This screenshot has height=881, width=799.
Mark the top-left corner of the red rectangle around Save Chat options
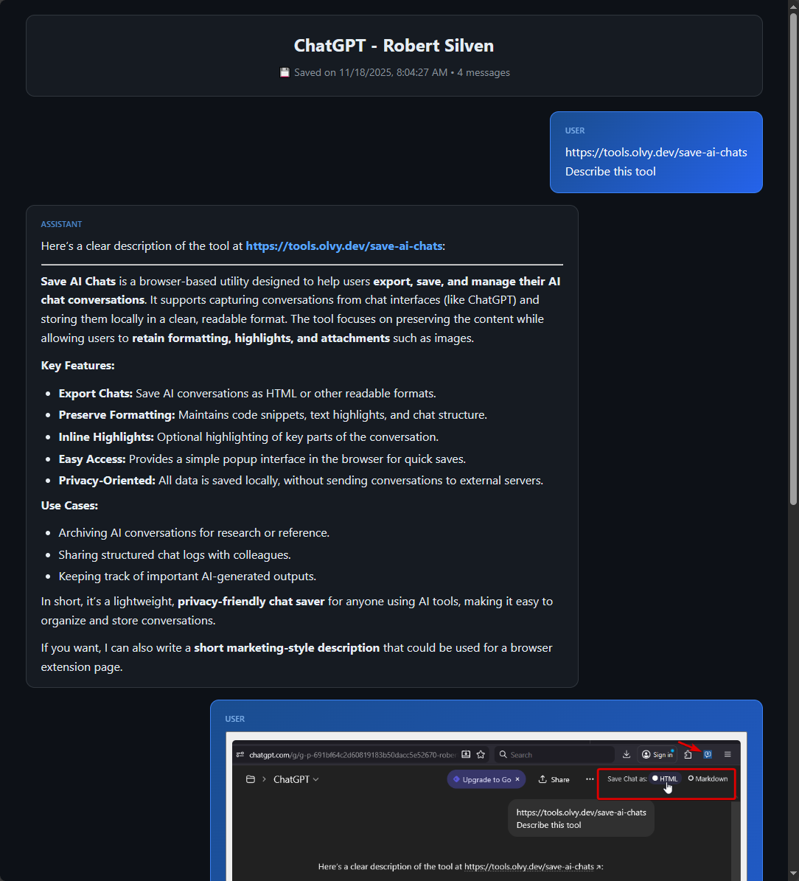point(598,769)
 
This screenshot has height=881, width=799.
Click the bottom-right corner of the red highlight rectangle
point(736,798)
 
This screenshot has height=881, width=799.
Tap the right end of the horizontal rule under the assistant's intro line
point(563,264)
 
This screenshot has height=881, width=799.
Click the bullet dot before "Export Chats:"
point(49,394)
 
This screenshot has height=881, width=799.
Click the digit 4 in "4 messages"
point(460,72)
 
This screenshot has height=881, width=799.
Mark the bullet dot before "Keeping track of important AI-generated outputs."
point(49,577)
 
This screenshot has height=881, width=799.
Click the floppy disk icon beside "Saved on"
point(285,72)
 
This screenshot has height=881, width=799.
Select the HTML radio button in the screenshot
point(655,779)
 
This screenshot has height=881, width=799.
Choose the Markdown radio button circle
point(691,779)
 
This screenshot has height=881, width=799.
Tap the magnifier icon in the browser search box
point(503,755)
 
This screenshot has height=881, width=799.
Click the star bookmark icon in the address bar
point(481,755)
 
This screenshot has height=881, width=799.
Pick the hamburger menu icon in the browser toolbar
point(728,755)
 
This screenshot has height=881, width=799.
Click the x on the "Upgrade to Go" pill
point(517,779)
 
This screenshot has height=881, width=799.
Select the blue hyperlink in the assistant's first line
point(344,246)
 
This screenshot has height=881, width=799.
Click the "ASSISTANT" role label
point(61,224)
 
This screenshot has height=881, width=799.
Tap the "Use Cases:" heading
point(69,506)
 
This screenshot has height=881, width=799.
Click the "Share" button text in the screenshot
point(560,779)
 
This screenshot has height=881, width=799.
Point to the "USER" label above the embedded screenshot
point(235,720)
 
